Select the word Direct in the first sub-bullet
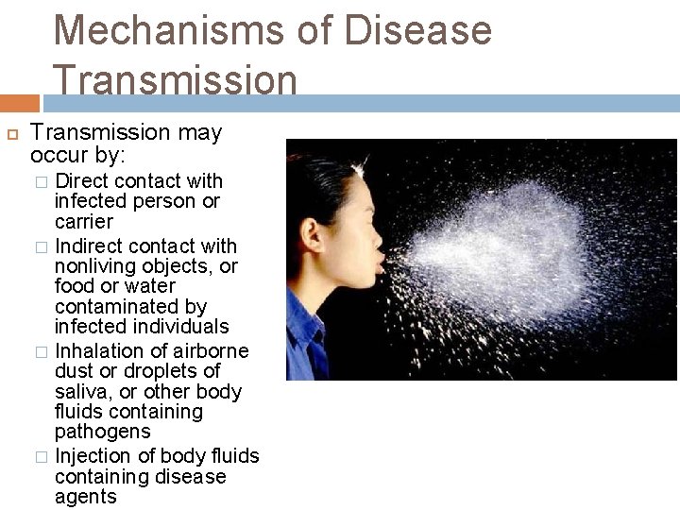tap(83, 180)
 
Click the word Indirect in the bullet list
tap(90, 246)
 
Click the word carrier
tap(83, 222)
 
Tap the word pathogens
tap(102, 432)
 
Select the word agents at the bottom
tap(86, 497)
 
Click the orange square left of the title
tap(20, 103)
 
